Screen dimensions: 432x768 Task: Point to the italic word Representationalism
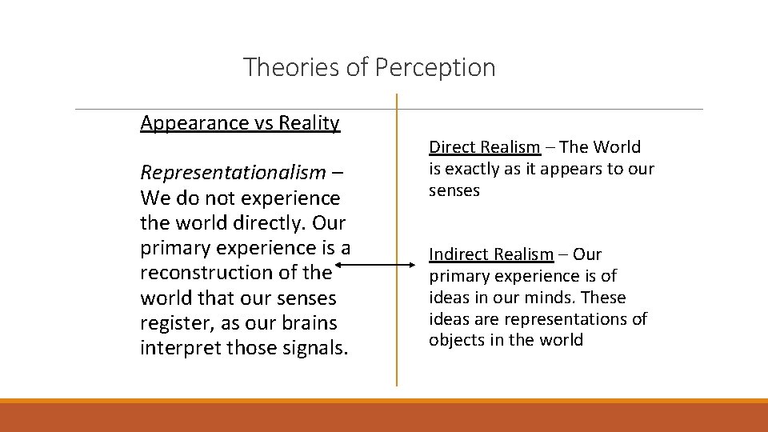click(x=233, y=173)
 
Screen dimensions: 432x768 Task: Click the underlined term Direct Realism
click(x=485, y=147)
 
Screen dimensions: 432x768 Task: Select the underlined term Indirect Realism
click(x=491, y=254)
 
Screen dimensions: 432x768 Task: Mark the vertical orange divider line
click(x=396, y=240)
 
